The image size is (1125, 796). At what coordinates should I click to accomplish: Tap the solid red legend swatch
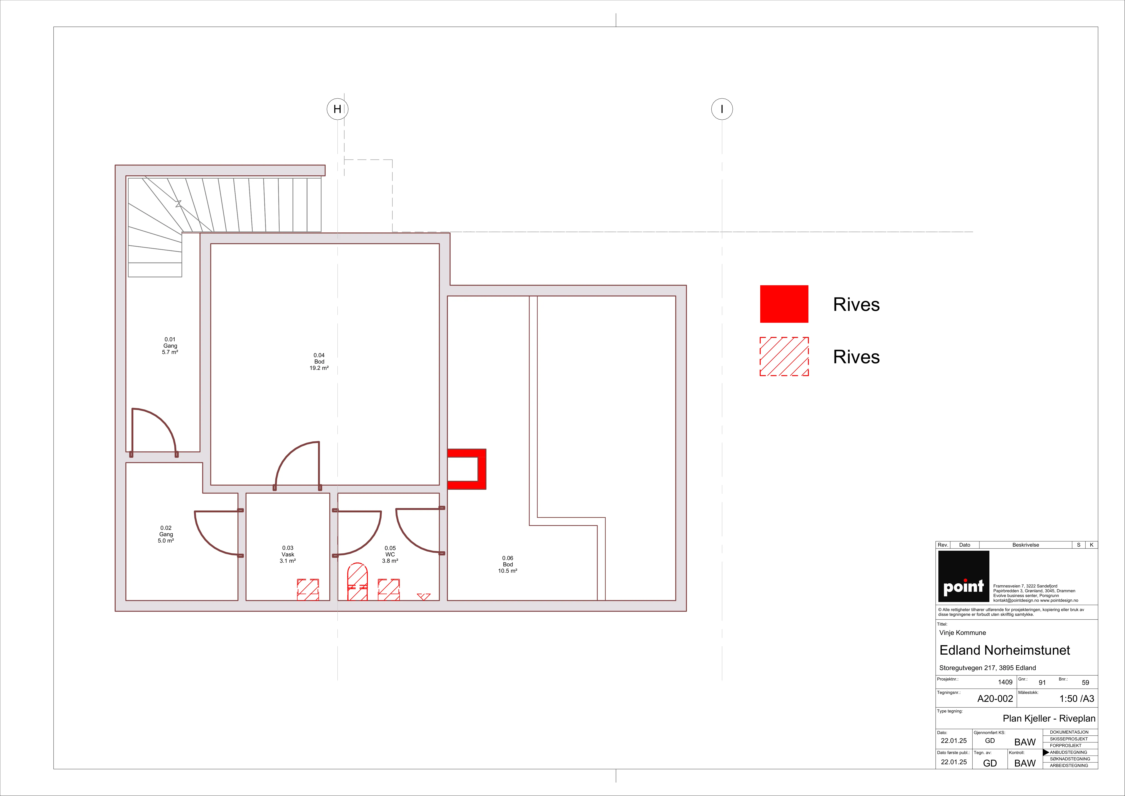click(x=784, y=304)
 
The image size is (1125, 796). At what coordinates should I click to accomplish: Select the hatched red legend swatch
click(x=784, y=356)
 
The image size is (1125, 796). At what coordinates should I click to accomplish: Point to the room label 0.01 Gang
click(x=170, y=346)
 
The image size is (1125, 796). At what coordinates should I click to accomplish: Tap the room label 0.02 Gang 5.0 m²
click(x=166, y=534)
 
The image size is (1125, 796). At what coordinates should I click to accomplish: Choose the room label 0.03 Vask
click(x=288, y=554)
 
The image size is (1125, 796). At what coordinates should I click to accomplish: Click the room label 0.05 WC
click(x=390, y=554)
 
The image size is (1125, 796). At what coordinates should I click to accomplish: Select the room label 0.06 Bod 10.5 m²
click(x=508, y=564)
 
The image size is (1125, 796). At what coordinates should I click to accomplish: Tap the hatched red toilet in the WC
click(x=357, y=582)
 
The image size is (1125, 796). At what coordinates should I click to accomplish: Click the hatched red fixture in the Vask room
click(x=308, y=590)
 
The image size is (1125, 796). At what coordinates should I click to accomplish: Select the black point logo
click(x=963, y=576)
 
